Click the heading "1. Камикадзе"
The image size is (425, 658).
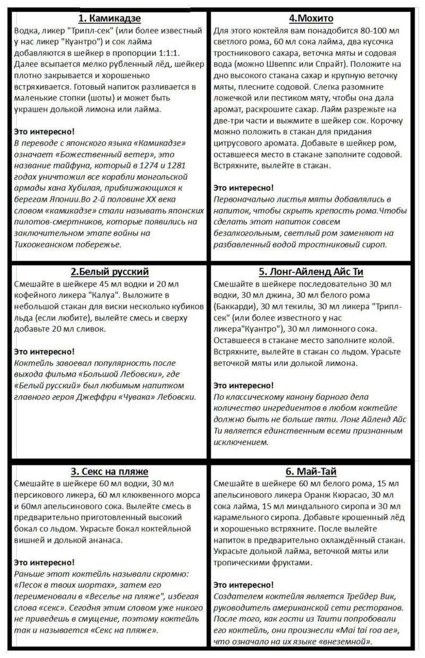coord(109,19)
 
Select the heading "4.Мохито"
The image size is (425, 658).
coord(311,19)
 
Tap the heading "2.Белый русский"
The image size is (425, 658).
coord(109,272)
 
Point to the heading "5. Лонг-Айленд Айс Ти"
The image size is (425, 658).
coord(311,272)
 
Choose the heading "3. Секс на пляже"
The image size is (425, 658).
coord(109,472)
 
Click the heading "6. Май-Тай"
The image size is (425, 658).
coord(311,472)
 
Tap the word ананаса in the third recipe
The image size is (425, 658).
coord(105,540)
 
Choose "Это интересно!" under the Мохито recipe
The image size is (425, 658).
coord(243,187)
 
